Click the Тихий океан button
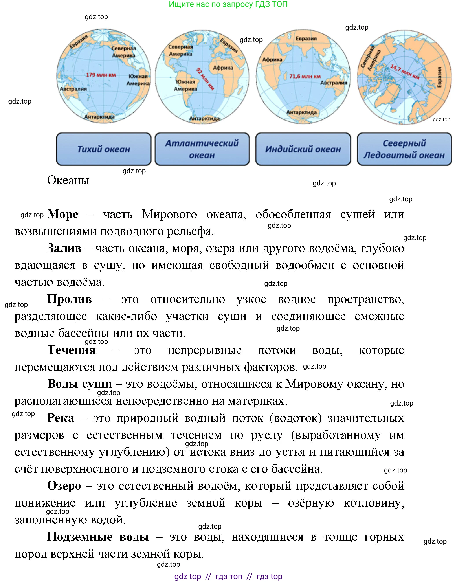coord(104,149)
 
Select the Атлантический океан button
coord(202,149)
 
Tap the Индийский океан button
coord(303,149)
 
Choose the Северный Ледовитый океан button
coord(404,149)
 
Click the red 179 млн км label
coord(101,75)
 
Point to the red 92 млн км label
coord(205,79)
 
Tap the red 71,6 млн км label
coord(305,77)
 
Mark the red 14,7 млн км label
coord(405,72)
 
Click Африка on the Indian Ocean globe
coord(272,60)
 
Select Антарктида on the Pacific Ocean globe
coord(99,117)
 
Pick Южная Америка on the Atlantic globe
coord(185,85)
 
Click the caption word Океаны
coord(68,180)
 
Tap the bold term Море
coord(63,214)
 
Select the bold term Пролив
coord(69,299)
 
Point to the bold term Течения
coord(72,350)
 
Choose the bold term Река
coord(61,418)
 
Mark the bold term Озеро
coord(64,486)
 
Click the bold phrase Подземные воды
coord(98,537)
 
